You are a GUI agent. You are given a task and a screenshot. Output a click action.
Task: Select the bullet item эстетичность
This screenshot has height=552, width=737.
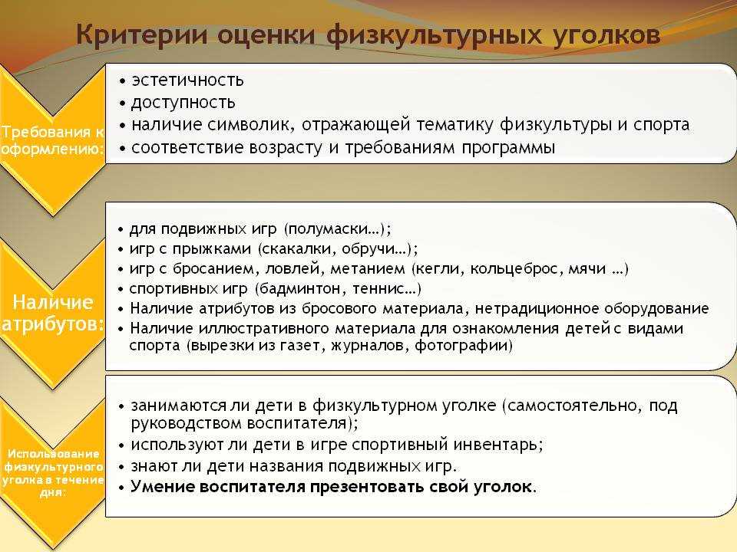(x=187, y=80)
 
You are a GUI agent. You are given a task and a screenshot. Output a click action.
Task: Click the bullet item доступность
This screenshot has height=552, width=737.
(x=183, y=103)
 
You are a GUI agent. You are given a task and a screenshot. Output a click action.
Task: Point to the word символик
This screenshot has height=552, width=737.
(x=251, y=124)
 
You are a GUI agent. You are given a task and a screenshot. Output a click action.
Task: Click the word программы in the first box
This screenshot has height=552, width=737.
(x=508, y=148)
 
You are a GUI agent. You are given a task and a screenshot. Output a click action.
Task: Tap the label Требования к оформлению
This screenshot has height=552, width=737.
(x=52, y=140)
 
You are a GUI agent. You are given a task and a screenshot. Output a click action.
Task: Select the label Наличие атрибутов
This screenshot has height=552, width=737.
(x=52, y=313)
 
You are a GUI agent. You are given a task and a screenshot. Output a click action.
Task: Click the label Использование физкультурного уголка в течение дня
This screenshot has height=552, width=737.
(x=53, y=473)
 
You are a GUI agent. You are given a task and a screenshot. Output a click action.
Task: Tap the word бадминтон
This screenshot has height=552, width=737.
(x=301, y=289)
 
